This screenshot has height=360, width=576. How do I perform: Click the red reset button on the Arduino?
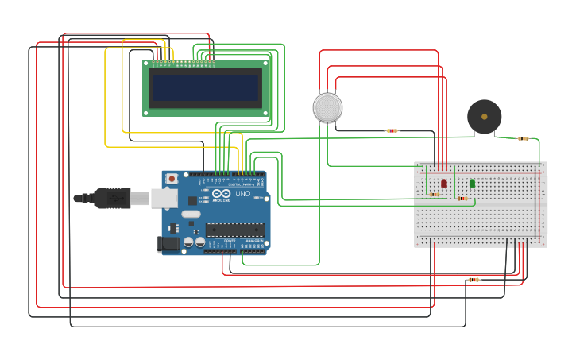(171, 179)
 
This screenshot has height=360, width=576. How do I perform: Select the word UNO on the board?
(242, 194)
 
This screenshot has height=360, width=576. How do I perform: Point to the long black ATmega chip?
(234, 230)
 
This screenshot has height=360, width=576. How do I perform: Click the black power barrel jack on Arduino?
(168, 244)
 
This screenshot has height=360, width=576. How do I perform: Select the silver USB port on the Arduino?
(164, 198)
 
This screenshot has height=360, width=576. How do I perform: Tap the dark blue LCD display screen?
(207, 88)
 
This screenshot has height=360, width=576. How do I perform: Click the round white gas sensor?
(327, 107)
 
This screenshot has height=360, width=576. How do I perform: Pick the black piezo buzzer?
(484, 117)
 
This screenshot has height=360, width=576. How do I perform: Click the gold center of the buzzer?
(484, 117)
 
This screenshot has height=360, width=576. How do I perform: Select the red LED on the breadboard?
(444, 184)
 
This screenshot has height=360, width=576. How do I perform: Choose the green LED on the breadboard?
(472, 184)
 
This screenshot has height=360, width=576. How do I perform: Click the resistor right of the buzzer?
(523, 138)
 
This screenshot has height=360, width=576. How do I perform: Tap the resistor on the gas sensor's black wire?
(392, 130)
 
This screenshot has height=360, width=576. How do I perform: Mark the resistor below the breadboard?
(474, 280)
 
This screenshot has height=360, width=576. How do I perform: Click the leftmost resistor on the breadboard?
(434, 194)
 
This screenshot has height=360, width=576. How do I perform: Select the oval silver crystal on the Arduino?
(191, 214)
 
